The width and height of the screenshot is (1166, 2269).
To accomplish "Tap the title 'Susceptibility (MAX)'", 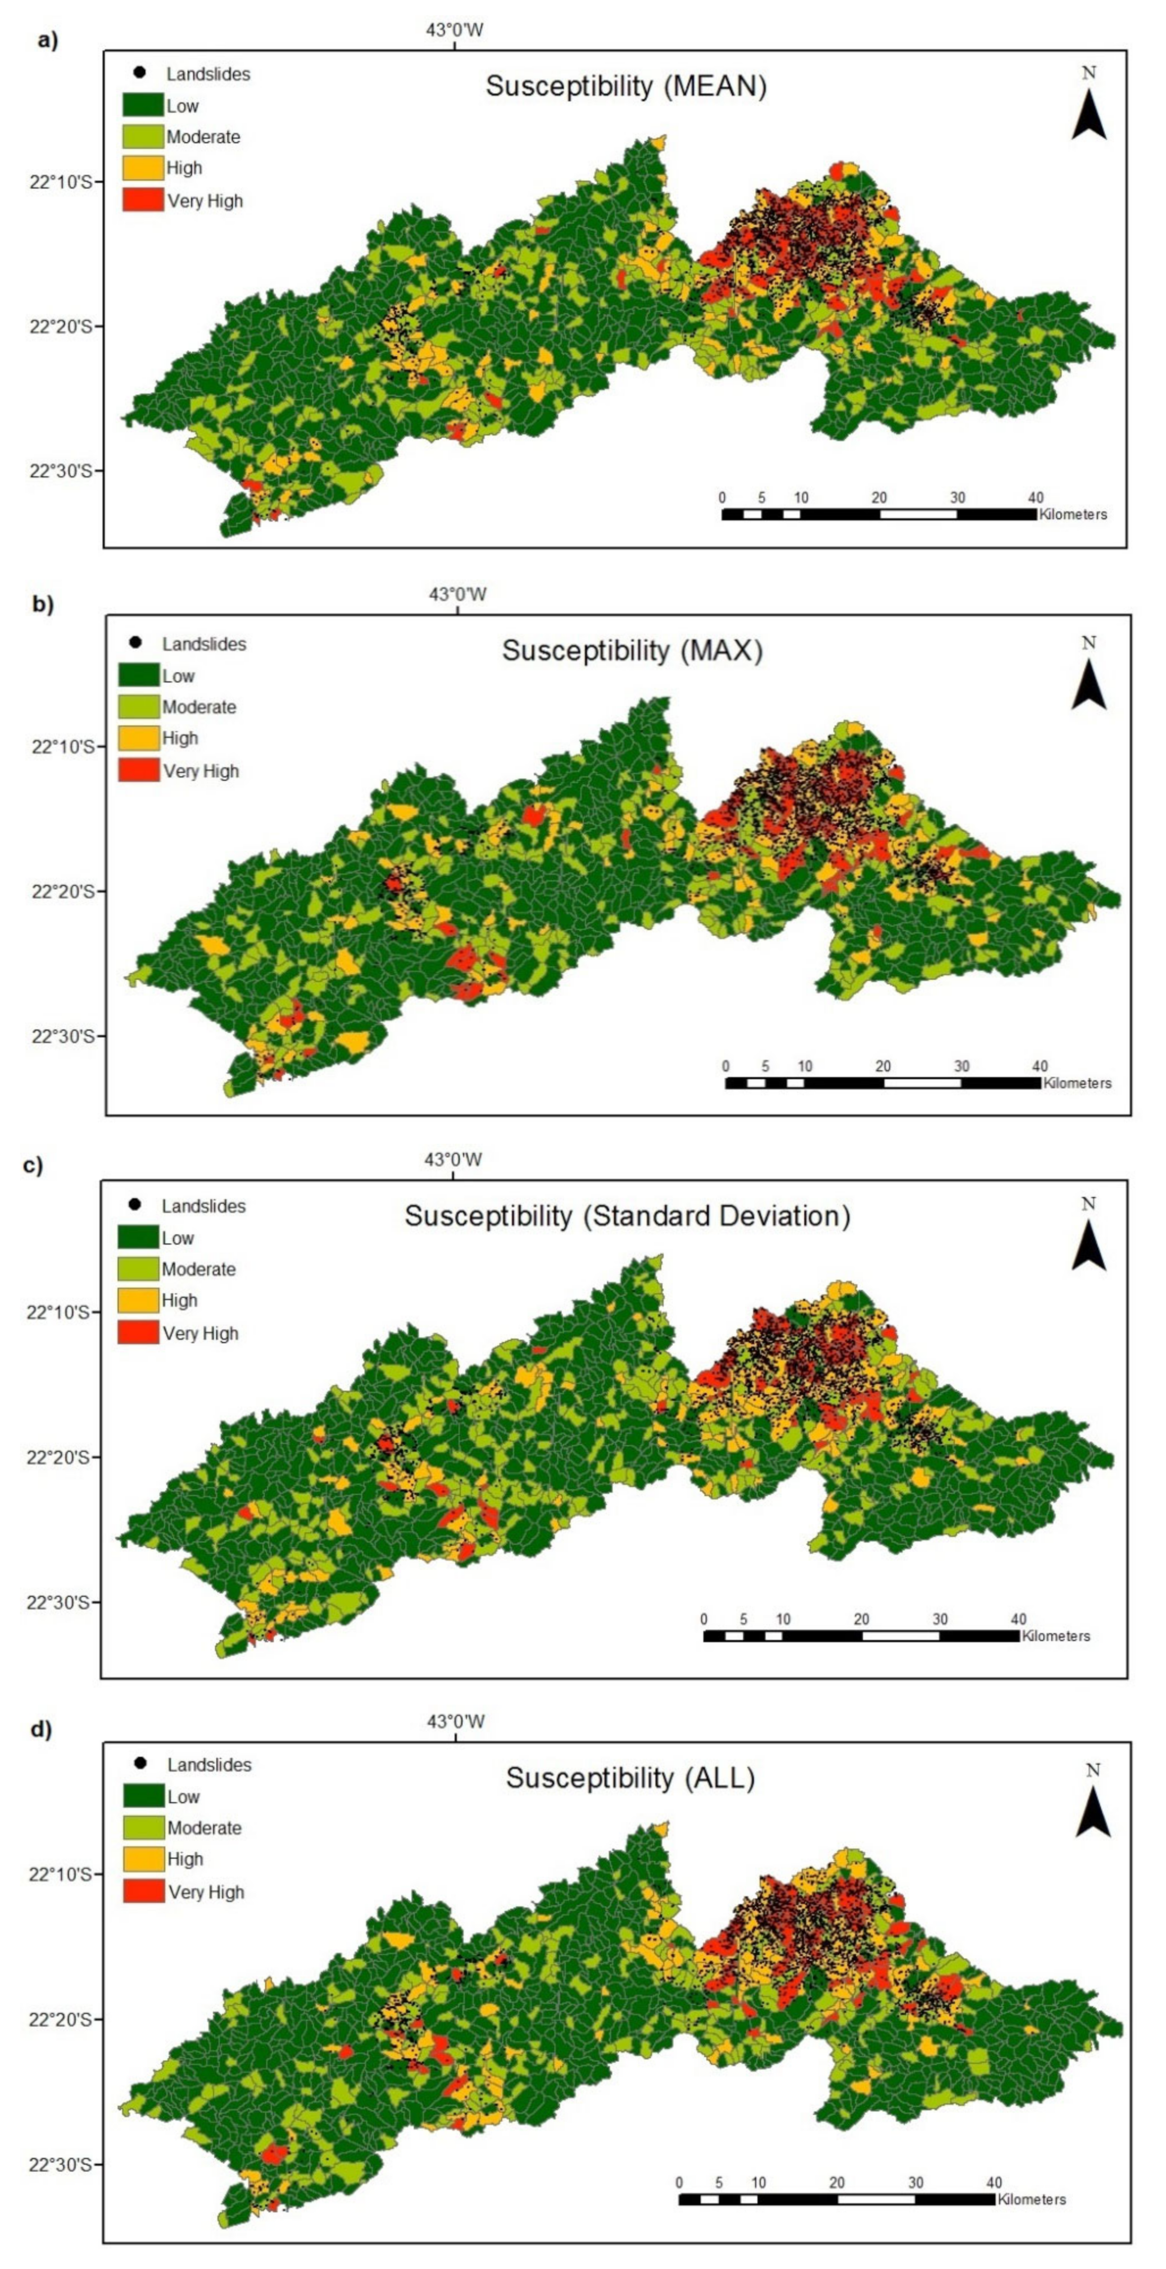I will (632, 651).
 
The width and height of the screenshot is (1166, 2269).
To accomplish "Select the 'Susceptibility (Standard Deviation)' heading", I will (627, 1217).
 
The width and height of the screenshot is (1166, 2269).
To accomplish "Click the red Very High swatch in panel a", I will (142, 200).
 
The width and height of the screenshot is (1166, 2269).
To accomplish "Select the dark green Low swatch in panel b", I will (138, 676).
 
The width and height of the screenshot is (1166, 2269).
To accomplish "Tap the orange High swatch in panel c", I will (138, 1300).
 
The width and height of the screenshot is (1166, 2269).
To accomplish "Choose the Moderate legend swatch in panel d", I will (143, 1828).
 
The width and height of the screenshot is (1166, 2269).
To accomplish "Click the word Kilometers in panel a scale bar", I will (1073, 515).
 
